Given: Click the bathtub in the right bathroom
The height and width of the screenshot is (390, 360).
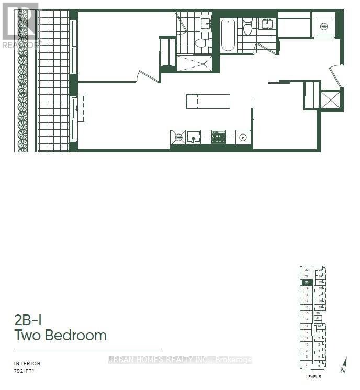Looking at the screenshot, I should click(x=228, y=35).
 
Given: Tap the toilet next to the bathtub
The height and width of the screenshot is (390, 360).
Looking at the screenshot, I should click(x=248, y=27).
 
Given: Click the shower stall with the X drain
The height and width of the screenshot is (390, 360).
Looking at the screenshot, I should click(x=194, y=63).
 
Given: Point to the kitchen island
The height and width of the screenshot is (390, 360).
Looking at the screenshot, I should click(x=208, y=101).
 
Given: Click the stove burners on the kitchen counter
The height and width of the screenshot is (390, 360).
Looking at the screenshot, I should click(x=218, y=137).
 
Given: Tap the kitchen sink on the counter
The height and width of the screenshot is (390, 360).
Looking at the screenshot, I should click(x=193, y=138).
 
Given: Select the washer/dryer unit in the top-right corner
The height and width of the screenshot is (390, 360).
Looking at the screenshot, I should click(x=323, y=26).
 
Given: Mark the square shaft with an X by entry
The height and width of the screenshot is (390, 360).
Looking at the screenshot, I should click(x=331, y=99).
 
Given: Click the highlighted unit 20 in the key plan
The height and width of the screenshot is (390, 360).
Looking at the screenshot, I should click(x=307, y=282).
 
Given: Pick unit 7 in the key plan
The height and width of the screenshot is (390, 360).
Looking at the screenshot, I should click(x=307, y=364).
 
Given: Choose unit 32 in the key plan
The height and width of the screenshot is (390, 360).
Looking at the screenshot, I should click(x=319, y=326).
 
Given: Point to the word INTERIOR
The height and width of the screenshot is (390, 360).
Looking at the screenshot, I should click(x=27, y=363).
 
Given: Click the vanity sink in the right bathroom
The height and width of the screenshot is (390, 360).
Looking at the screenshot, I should click(x=268, y=24).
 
